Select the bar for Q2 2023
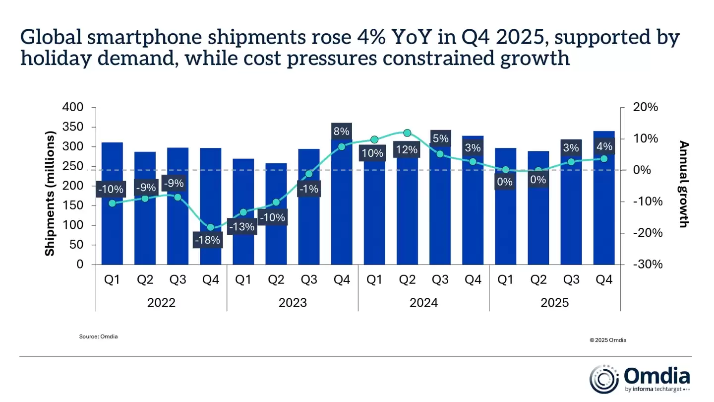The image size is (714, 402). (276, 233)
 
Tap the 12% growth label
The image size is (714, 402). (407, 149)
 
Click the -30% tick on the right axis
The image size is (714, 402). (648, 264)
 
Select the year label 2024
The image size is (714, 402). (423, 303)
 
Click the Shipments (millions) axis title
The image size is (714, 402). (50, 194)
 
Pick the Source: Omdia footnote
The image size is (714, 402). (98, 336)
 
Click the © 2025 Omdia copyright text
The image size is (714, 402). (607, 340)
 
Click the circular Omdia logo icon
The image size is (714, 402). (603, 380)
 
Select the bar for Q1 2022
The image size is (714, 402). (112, 228)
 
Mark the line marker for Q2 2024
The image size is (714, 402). (407, 133)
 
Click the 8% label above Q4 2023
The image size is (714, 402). (341, 132)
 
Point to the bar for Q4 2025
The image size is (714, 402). (604, 218)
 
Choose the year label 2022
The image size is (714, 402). (161, 303)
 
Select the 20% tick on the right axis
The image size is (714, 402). (645, 107)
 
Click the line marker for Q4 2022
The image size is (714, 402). (210, 227)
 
